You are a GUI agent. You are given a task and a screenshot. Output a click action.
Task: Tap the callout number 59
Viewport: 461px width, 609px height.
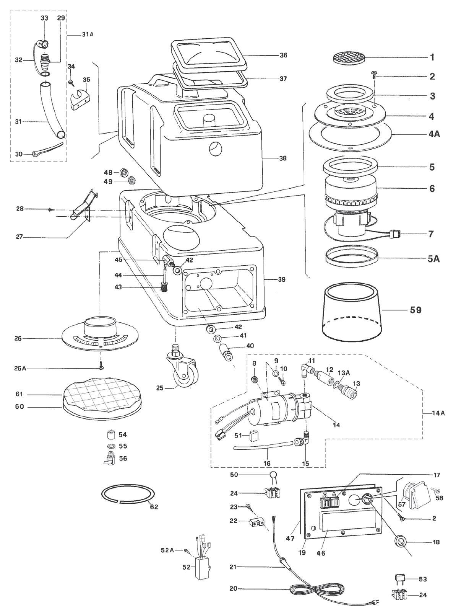[415, 310]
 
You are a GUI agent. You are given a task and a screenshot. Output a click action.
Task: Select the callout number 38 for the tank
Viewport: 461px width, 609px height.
[282, 158]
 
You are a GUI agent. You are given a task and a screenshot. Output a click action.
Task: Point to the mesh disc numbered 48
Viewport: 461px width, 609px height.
[124, 173]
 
